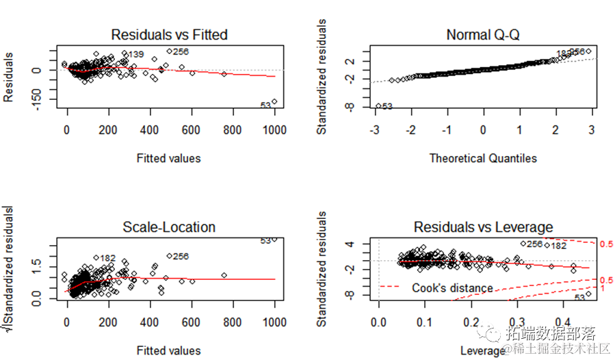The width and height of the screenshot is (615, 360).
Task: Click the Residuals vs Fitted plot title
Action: (x=169, y=34)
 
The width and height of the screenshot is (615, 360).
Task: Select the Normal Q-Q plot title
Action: (x=482, y=34)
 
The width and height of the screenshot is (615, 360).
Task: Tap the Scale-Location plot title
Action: (x=169, y=227)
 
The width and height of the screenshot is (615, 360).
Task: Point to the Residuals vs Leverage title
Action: (x=483, y=227)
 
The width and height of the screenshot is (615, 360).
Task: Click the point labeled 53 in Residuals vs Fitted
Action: (x=274, y=102)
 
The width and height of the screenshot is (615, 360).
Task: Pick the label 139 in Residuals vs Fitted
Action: (x=136, y=54)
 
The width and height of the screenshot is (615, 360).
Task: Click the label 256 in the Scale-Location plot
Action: (x=181, y=257)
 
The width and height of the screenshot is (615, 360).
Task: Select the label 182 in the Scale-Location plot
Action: (x=107, y=258)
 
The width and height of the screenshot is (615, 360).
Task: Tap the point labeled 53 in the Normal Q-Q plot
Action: (x=378, y=105)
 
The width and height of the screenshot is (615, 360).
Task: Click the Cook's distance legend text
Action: (x=452, y=288)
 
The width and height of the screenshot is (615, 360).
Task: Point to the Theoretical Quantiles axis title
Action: (x=482, y=158)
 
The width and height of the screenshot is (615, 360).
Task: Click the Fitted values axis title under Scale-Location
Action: (x=169, y=351)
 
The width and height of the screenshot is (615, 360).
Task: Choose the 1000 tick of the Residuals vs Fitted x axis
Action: (x=274, y=130)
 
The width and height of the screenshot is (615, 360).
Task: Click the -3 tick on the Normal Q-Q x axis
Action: (x=375, y=130)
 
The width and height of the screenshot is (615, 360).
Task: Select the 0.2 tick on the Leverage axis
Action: (x=470, y=322)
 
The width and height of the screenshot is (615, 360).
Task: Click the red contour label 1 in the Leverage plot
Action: (x=601, y=289)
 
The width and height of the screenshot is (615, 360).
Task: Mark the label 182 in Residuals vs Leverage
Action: (x=558, y=246)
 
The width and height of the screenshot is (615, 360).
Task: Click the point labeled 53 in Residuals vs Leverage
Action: (x=588, y=294)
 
